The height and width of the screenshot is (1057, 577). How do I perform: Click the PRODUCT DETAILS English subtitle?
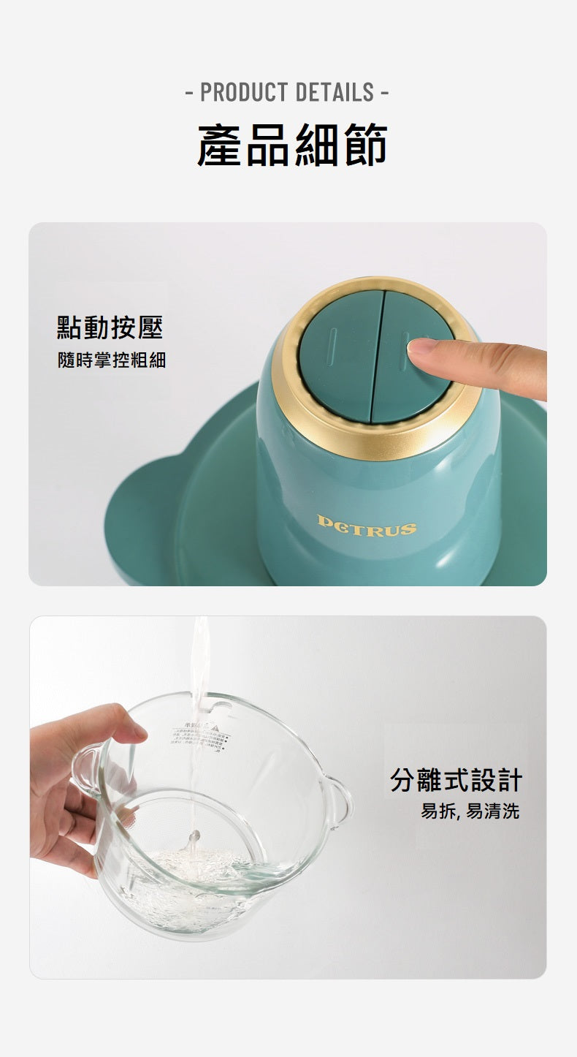(288, 93)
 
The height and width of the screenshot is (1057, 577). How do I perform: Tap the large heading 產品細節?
(291, 145)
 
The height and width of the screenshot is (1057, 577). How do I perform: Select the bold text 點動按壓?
(110, 327)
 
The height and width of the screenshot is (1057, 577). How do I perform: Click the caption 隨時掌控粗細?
(112, 360)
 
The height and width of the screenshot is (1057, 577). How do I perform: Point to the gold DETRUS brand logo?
(367, 526)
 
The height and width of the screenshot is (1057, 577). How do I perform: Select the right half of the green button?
(409, 380)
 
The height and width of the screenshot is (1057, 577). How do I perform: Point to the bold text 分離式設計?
(456, 780)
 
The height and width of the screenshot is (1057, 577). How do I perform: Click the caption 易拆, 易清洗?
(470, 811)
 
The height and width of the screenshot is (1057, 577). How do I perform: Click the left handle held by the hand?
(86, 768)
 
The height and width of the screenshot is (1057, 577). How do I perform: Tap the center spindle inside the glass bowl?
(194, 839)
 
